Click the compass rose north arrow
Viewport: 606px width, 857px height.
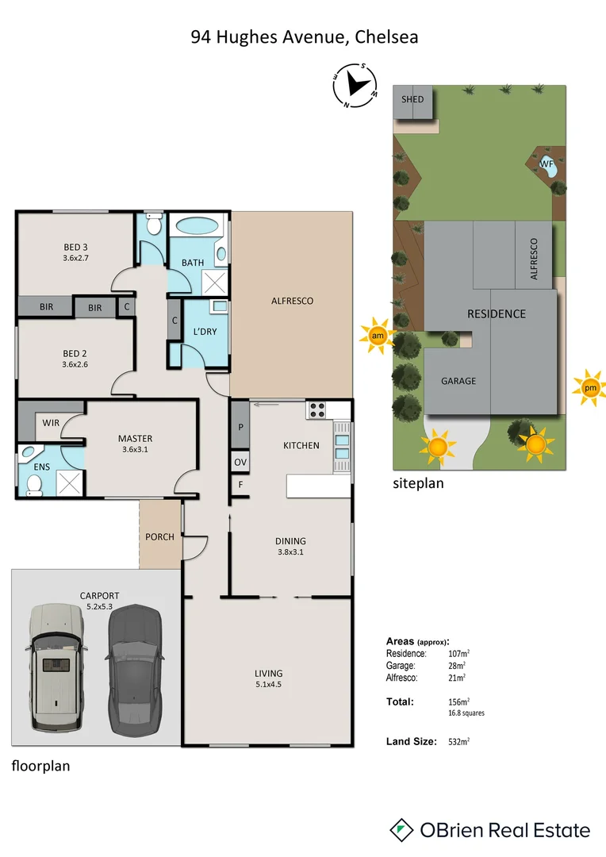356,85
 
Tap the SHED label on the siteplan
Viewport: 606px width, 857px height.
412,99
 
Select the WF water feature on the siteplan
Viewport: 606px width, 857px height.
547,165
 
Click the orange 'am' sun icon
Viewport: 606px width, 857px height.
378,336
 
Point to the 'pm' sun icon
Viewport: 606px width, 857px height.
589,388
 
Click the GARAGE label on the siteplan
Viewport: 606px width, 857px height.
458,381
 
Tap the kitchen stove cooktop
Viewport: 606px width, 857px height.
317,410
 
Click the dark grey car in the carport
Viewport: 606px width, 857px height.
135,673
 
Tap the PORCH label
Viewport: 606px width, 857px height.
159,537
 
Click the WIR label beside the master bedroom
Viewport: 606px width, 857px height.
51,423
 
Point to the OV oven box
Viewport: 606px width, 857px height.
240,462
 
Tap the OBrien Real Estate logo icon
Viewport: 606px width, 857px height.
403,830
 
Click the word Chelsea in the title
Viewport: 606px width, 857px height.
386,37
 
